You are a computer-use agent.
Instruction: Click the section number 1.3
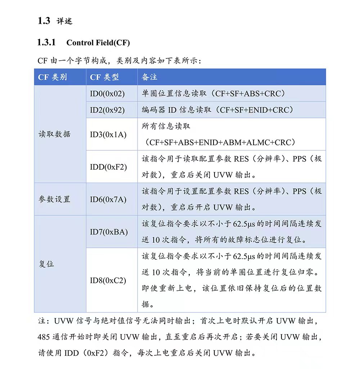[44, 21]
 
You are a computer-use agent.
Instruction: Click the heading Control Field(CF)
[98, 43]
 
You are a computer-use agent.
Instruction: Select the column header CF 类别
[52, 77]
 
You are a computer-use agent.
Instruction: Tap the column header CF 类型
[104, 77]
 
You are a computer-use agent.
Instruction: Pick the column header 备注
[149, 77]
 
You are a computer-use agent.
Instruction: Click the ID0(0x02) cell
[107, 94]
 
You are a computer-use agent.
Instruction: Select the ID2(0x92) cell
[107, 110]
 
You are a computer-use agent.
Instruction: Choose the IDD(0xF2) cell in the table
[108, 167]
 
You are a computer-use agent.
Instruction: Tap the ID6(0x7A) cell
[108, 199]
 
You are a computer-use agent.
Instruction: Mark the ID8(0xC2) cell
[108, 280]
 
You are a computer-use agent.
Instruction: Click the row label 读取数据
[54, 134]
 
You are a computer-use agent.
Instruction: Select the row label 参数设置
[54, 199]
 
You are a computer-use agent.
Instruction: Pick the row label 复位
[46, 264]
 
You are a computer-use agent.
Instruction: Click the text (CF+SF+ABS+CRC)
[248, 94]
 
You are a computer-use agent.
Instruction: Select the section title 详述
[64, 21]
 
